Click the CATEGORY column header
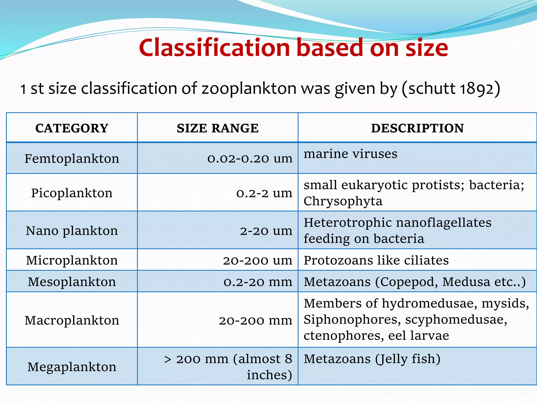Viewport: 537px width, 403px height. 72,128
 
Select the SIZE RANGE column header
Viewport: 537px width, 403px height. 218,128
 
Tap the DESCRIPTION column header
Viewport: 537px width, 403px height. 417,128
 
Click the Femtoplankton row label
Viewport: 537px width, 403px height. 72,158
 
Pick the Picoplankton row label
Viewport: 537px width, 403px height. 72,193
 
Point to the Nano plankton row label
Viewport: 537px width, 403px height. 72,231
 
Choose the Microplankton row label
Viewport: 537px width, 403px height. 72,260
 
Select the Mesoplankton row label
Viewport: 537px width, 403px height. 72,282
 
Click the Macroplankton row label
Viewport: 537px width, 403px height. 72,320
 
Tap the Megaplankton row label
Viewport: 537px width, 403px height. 72,367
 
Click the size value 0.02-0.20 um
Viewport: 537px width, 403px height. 250,158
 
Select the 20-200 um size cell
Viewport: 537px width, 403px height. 257,261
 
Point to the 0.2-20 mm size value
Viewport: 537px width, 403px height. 258,282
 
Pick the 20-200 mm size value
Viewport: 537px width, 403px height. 255,321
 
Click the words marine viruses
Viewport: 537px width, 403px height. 350,154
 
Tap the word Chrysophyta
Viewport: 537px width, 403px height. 343,201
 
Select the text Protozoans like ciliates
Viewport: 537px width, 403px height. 376,260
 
